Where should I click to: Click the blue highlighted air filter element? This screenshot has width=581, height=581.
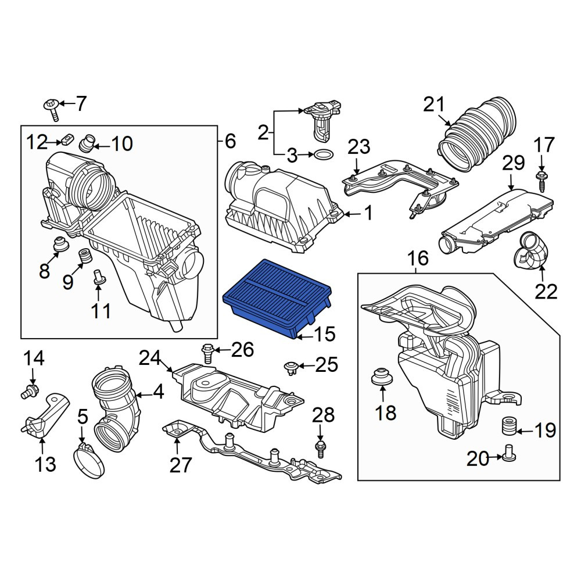click(x=277, y=298)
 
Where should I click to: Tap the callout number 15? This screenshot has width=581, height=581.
click(x=325, y=334)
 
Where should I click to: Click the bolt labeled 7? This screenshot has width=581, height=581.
click(x=53, y=110)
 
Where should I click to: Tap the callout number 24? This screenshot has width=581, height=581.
click(x=150, y=358)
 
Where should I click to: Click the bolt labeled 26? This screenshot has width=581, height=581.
click(x=208, y=353)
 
